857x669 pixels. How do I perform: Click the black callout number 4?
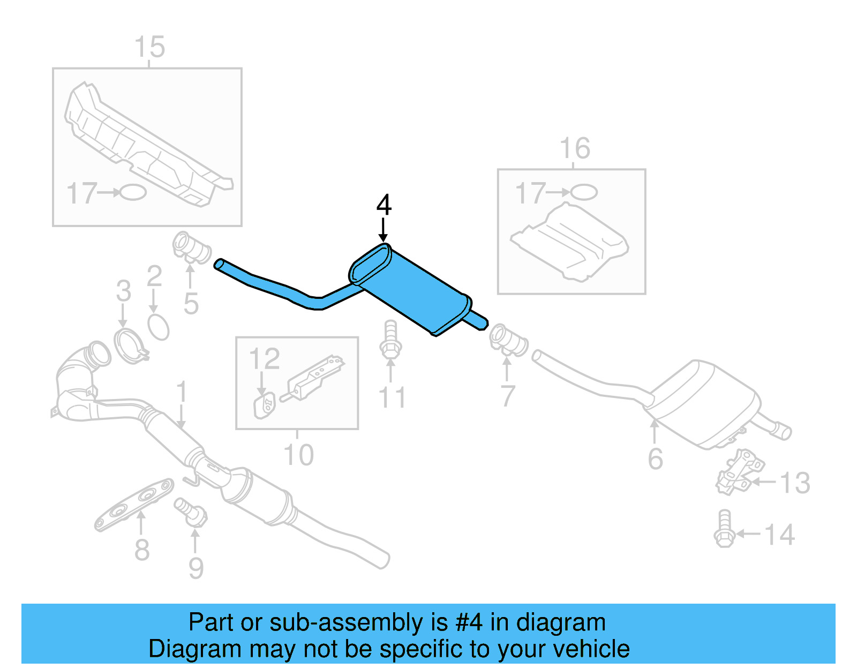(x=384, y=205)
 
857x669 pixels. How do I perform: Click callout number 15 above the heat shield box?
(x=149, y=47)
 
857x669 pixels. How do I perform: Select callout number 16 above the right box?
(x=574, y=148)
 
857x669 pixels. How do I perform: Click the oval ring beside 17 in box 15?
(x=132, y=192)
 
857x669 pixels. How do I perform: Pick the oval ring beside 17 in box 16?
(x=583, y=192)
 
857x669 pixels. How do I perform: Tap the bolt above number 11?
(x=390, y=340)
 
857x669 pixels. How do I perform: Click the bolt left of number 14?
(x=724, y=529)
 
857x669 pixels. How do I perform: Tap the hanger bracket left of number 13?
(x=739, y=471)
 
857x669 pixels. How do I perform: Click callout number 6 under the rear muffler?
(x=655, y=458)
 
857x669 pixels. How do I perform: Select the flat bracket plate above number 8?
(x=134, y=504)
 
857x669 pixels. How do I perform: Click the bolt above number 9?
(x=191, y=511)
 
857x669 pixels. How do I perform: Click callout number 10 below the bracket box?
(x=298, y=455)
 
